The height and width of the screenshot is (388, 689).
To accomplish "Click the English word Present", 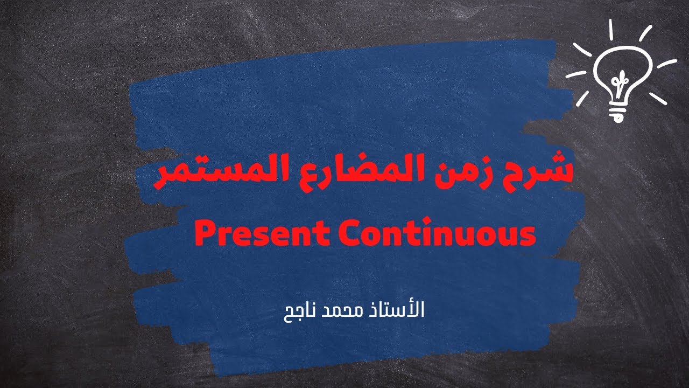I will tap(261, 234).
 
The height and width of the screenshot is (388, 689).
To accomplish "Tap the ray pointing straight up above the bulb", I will tap(611, 30).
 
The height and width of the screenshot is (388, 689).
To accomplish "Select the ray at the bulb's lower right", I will tap(658, 99).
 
